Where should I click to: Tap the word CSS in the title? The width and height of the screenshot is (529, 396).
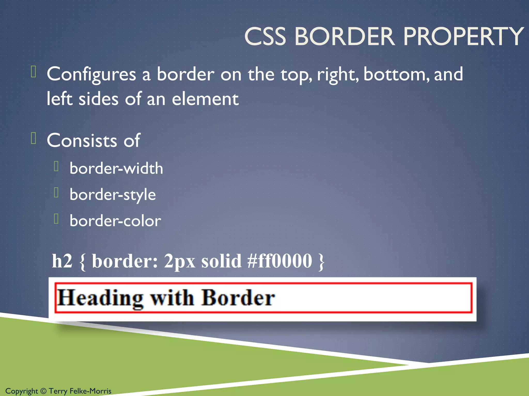tap(265, 37)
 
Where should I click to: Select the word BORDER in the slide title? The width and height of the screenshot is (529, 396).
tap(345, 37)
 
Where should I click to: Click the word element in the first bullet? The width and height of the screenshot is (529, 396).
tap(205, 99)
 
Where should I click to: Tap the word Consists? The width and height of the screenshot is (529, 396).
tap(82, 141)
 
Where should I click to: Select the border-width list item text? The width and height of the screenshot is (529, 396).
tap(116, 169)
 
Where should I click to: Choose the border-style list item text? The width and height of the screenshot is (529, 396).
tap(113, 195)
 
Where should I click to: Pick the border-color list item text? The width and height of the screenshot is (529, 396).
tap(115, 221)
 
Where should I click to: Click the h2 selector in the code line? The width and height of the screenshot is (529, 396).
tap(62, 261)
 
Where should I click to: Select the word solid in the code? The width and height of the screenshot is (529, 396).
tap(221, 261)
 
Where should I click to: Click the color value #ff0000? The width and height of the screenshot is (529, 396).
tap(279, 261)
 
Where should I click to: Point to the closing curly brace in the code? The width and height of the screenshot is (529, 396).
tap(321, 261)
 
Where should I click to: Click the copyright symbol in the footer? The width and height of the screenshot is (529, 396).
tap(43, 391)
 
